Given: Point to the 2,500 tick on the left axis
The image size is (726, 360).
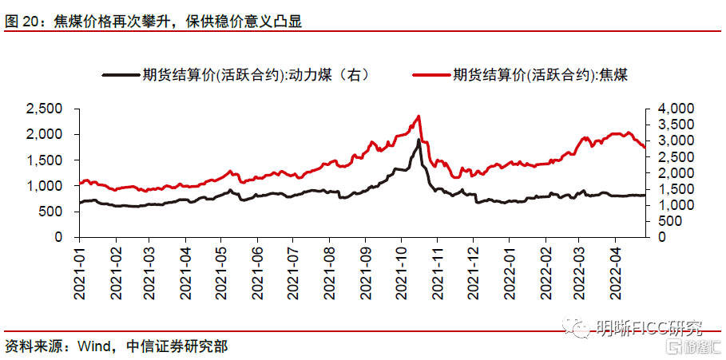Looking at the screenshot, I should pos(44,109).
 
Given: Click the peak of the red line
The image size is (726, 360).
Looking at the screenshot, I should pos(419,117).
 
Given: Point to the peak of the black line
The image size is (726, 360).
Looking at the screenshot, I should pos(419,140).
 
